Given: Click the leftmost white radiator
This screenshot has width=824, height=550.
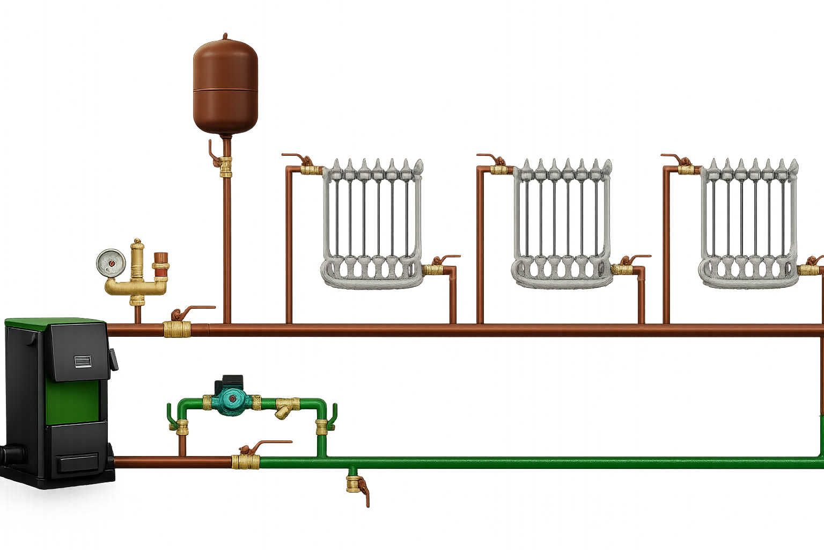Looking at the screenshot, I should click(372, 223).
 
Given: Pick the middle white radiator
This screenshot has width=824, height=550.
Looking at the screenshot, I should click(562, 223).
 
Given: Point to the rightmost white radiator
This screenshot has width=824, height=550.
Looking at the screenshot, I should click(749, 223).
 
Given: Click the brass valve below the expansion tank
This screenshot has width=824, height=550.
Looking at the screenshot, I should click(226, 166).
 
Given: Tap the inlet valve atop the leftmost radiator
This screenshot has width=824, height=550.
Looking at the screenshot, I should click(311, 169).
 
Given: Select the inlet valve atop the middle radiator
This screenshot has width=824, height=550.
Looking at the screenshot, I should click(499, 169).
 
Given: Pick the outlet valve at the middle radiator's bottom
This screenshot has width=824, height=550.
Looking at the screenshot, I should click(624, 269).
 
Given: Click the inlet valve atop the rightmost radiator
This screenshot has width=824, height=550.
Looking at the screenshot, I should click(686, 169).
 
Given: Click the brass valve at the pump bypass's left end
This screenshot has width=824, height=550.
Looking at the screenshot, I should click(182, 427).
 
